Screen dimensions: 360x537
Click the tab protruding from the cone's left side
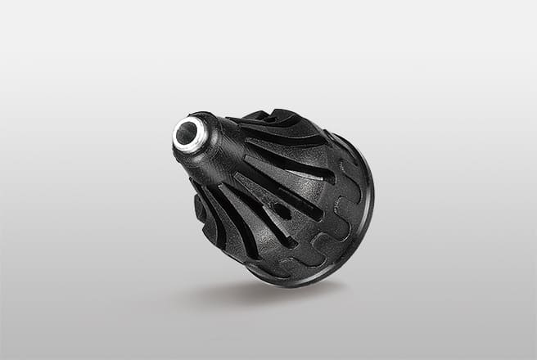[199, 209]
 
